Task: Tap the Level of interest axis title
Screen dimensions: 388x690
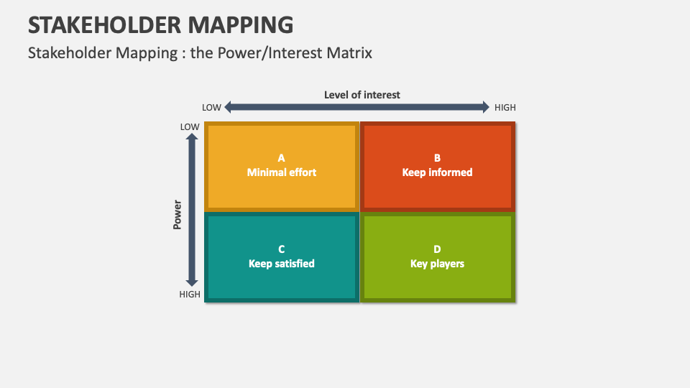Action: (x=362, y=94)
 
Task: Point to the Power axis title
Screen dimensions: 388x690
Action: (x=178, y=215)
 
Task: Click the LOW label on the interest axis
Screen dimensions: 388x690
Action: (x=211, y=108)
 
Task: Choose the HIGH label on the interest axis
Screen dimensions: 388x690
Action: (x=505, y=108)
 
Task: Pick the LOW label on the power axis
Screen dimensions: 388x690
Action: (x=190, y=126)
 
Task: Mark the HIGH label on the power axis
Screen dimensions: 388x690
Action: (x=190, y=295)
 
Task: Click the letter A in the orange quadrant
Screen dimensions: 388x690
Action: (x=282, y=158)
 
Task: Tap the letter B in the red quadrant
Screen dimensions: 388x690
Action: (x=437, y=158)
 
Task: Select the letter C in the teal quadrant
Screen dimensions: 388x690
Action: (x=282, y=249)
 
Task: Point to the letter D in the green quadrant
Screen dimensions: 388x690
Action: (x=437, y=249)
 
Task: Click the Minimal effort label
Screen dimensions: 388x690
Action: (x=282, y=172)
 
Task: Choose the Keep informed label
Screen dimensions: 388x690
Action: (x=437, y=172)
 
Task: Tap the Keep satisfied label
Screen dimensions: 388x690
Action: (x=282, y=264)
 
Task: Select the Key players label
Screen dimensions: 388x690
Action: (x=437, y=264)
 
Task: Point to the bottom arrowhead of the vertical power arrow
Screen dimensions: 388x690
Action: (x=192, y=282)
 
